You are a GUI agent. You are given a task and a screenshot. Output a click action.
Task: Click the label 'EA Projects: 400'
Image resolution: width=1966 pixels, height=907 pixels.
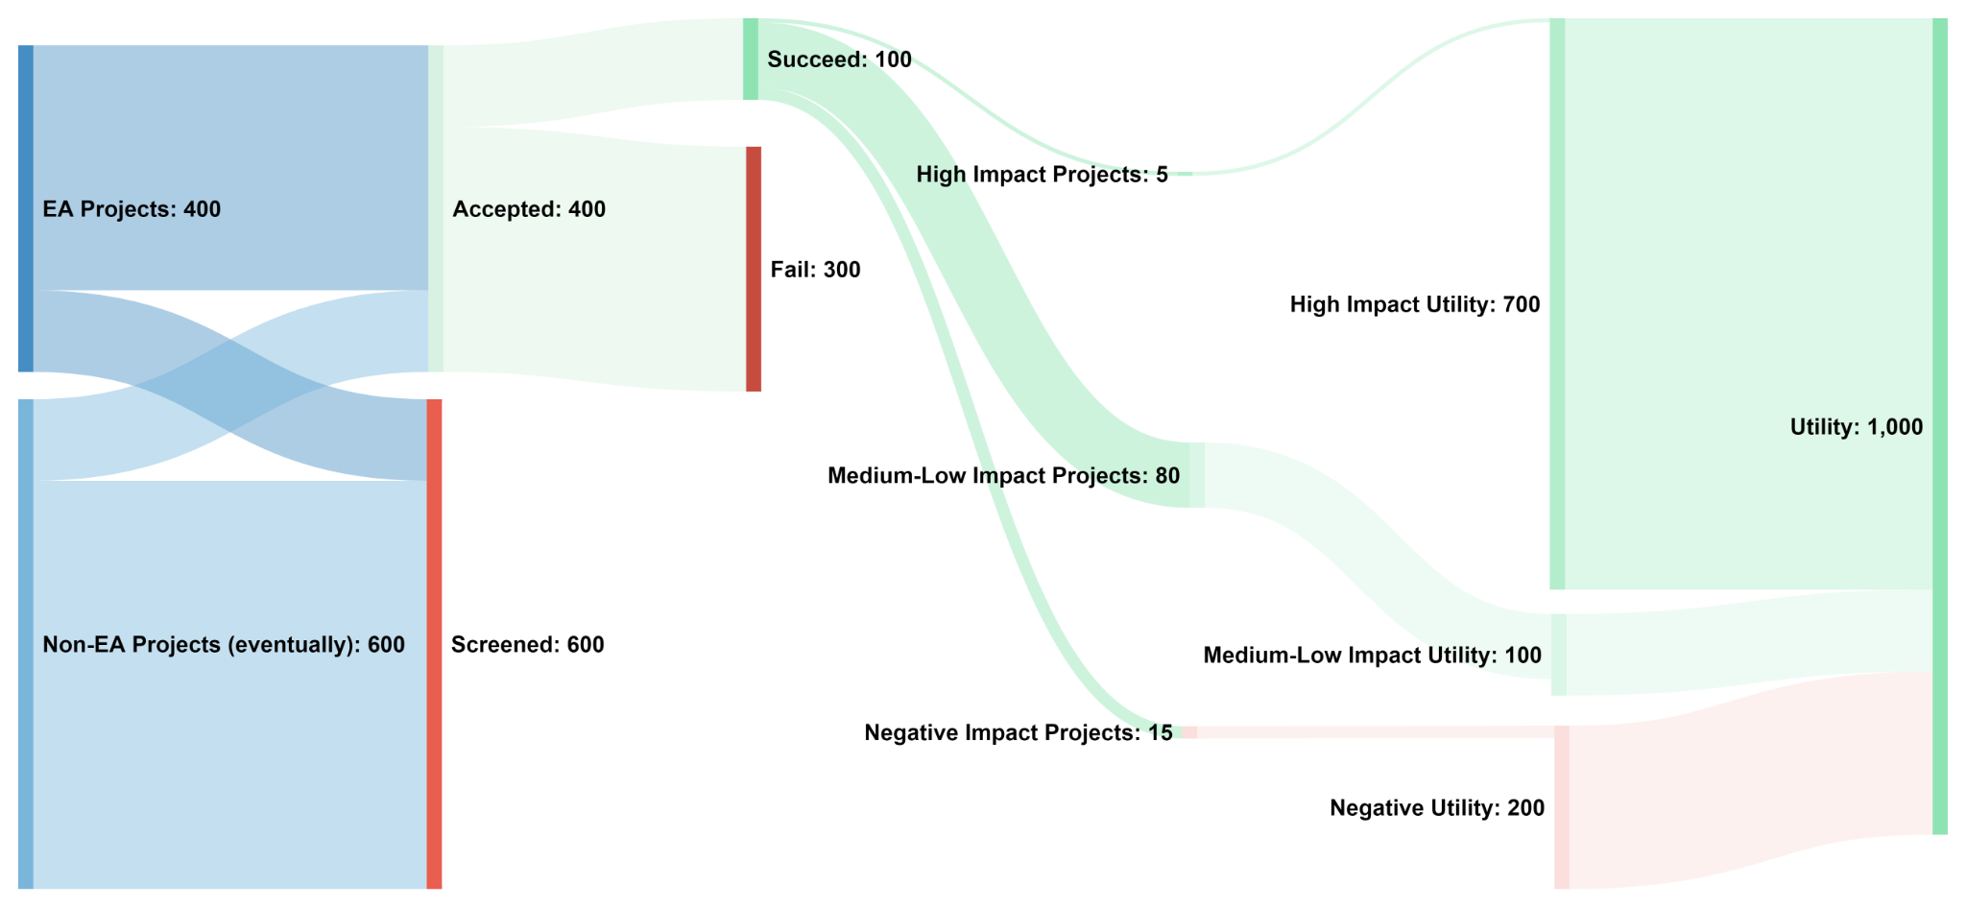(132, 209)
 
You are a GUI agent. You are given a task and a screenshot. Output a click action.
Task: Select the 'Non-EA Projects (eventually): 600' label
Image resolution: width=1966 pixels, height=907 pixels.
(224, 645)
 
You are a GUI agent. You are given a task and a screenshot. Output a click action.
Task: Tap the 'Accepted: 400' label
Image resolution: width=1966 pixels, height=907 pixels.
(529, 209)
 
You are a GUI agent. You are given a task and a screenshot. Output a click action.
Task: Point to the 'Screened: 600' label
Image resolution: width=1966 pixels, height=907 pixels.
(527, 645)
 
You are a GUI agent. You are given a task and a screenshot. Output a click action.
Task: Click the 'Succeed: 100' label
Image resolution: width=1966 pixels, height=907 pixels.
(839, 60)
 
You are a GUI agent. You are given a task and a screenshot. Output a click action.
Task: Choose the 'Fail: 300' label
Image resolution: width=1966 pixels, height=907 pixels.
(815, 270)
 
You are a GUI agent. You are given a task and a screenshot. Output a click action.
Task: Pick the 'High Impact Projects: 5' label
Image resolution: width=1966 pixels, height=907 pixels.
(1042, 175)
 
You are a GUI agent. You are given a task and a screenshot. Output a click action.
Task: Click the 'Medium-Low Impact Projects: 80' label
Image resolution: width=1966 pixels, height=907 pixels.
(1003, 476)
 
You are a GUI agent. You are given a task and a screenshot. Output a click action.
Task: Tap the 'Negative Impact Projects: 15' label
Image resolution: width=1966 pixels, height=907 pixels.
(1019, 733)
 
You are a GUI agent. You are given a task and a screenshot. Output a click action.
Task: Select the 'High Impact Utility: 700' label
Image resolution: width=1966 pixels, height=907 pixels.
(1414, 305)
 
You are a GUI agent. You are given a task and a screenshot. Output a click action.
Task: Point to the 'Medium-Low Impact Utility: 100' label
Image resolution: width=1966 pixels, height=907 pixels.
(1372, 656)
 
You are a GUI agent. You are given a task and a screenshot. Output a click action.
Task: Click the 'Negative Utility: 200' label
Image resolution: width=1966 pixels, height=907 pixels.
(1436, 808)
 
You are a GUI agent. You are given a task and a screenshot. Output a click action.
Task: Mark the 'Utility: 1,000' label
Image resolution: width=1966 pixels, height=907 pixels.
(1856, 427)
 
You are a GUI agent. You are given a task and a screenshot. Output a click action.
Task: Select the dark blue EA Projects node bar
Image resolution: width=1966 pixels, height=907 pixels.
(26, 208)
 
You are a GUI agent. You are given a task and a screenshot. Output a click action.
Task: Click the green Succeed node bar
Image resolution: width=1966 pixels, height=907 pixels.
(751, 59)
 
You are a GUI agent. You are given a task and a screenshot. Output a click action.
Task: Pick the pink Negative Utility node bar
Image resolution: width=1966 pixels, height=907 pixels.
(1562, 806)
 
